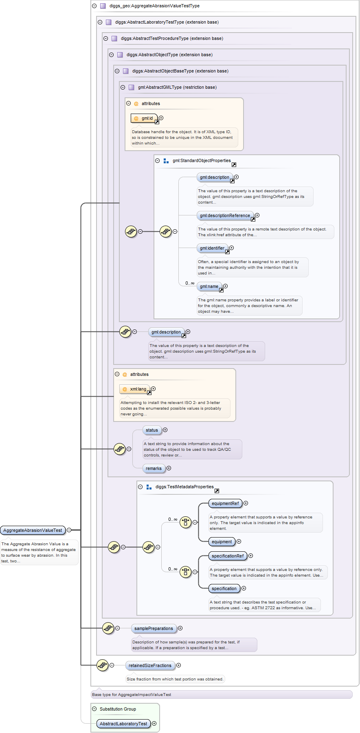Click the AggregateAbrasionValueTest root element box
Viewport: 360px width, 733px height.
point(33,530)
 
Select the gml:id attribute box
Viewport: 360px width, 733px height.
point(144,119)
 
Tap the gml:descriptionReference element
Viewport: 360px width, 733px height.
point(225,216)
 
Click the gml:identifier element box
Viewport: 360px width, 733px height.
point(212,248)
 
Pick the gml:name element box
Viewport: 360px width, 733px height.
point(209,287)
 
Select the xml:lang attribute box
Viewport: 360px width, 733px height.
point(135,389)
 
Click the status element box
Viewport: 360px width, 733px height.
point(152,430)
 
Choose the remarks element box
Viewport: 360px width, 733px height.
point(154,469)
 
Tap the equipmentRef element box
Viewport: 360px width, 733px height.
point(225,504)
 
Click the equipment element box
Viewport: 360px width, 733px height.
point(222,542)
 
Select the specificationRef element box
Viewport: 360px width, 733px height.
point(228,556)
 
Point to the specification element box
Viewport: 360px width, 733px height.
point(224,589)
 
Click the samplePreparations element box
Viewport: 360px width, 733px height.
point(154,629)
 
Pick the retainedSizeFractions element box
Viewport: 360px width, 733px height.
point(150,666)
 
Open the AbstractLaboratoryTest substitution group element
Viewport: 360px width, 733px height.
point(123,724)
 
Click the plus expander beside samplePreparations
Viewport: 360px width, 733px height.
point(180,628)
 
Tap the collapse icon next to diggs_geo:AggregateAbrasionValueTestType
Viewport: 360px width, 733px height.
point(94,6)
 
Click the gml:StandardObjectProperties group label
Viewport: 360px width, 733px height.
point(201,161)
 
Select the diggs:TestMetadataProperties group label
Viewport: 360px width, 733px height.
point(184,487)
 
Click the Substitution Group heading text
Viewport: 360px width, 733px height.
point(118,709)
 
